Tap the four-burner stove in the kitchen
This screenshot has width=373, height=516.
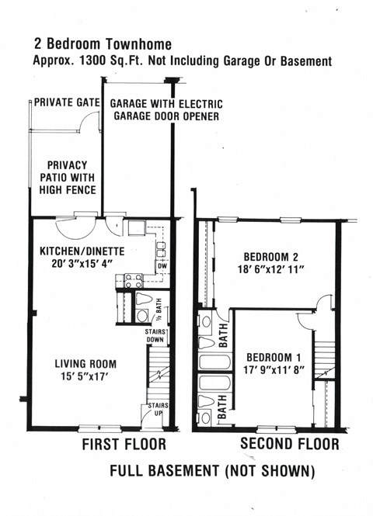click(128, 282)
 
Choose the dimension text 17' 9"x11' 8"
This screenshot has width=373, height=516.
click(275, 369)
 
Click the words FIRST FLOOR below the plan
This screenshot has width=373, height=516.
click(124, 445)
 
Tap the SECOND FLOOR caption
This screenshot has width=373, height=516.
click(289, 444)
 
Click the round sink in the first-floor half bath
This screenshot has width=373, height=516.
click(143, 316)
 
